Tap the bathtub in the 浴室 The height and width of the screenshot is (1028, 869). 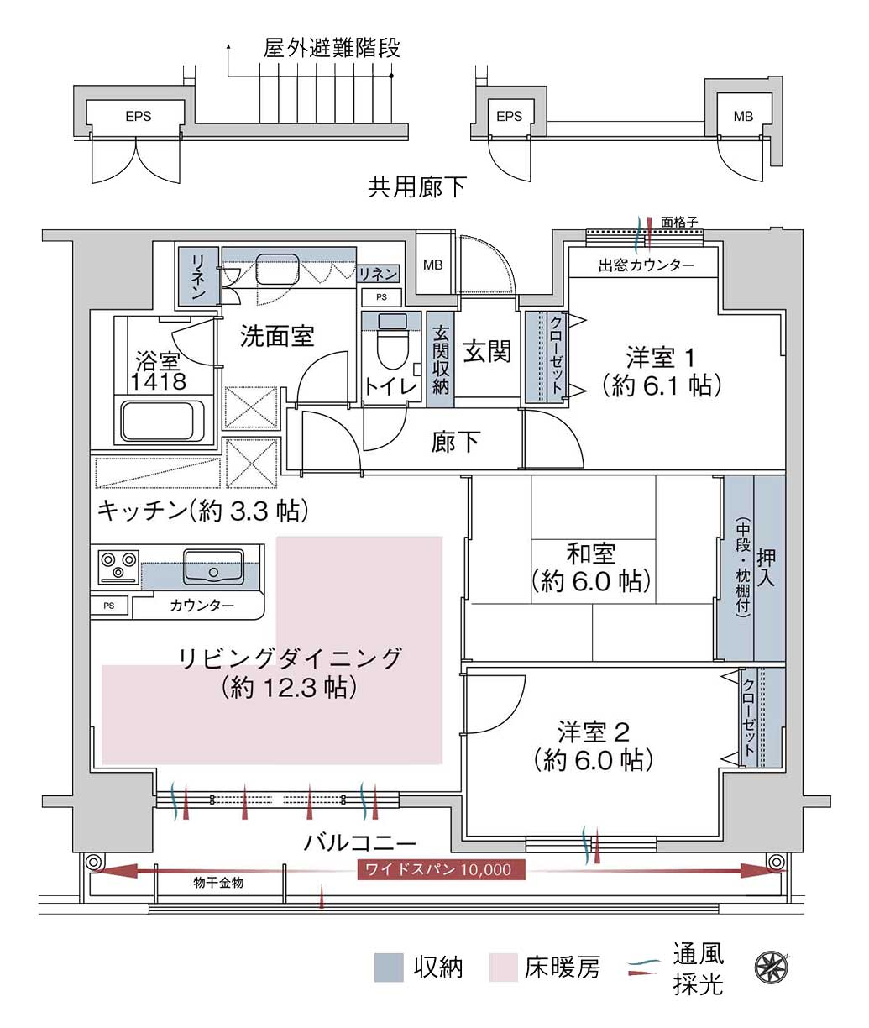158,421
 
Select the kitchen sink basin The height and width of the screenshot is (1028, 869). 213,566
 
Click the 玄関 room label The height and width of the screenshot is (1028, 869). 487,351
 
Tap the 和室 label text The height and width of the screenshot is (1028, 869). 590,553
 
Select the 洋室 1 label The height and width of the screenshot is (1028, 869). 659,358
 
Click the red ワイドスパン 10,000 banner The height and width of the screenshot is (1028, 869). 441,869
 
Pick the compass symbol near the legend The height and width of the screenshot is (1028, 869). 771,968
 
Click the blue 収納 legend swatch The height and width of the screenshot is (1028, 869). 388,968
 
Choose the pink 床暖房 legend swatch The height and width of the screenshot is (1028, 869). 503,968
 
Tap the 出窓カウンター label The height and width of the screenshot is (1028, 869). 646,265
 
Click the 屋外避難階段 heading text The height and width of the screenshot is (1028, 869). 332,48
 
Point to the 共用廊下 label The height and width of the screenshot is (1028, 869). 416,187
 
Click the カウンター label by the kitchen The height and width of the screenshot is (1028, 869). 202,606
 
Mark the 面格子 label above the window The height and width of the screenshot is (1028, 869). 679,222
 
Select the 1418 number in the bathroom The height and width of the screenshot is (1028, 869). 159,381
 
